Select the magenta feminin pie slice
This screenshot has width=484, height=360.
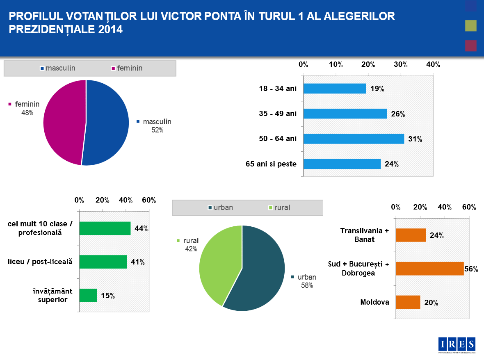click(64, 123)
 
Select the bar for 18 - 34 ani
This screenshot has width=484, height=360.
click(335, 89)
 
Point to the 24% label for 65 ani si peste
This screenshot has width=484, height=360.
click(392, 164)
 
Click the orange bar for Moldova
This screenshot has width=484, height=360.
click(408, 302)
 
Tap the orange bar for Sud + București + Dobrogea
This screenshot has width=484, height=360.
click(429, 269)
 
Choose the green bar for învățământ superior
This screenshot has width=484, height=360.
click(88, 295)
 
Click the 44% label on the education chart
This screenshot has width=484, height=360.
click(141, 228)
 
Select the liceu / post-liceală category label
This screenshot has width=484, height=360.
click(40, 262)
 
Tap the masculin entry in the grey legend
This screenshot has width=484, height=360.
click(60, 68)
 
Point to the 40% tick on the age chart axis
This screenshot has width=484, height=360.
click(433, 64)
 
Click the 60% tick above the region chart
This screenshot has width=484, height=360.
click(469, 207)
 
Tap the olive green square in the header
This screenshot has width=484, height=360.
click(470, 26)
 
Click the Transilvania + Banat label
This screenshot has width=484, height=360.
click(364, 235)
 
